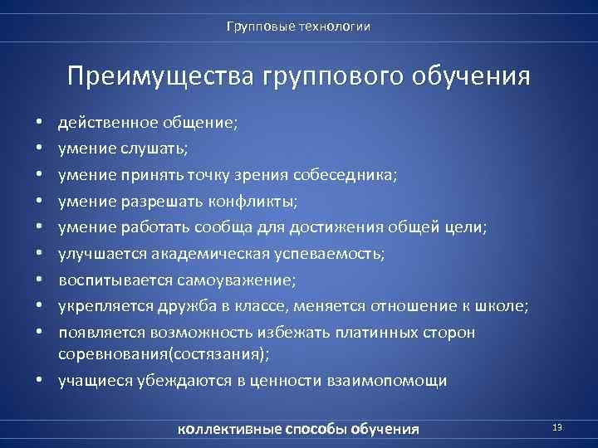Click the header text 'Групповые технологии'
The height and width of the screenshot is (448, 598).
299,27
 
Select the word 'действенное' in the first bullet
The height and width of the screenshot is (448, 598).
101,123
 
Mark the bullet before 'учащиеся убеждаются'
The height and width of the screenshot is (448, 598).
40,381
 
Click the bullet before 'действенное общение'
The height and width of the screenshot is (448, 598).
40,123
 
